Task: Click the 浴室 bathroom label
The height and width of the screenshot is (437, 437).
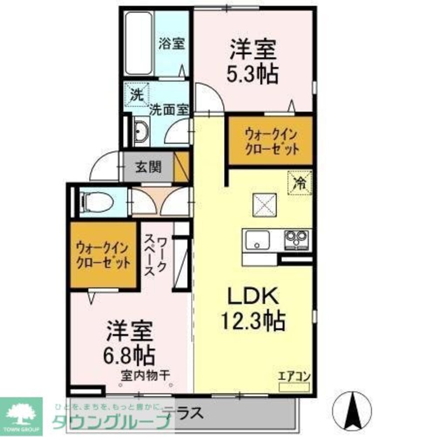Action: [x=171, y=44]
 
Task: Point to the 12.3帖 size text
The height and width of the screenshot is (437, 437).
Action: [x=253, y=321]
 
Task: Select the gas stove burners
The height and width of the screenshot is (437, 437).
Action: [x=296, y=239]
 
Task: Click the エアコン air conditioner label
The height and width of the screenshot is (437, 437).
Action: [x=294, y=375]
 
